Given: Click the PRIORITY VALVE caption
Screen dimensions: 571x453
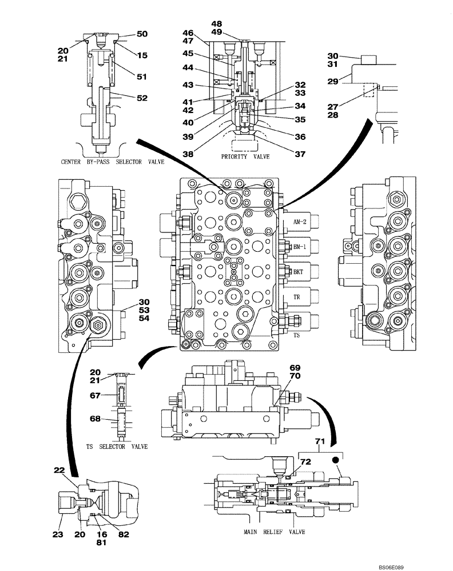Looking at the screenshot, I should pyautogui.click(x=246, y=156).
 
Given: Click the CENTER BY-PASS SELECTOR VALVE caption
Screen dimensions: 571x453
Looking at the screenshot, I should pyautogui.click(x=112, y=162).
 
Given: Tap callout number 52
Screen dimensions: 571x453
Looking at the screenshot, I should pyautogui.click(x=142, y=98).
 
